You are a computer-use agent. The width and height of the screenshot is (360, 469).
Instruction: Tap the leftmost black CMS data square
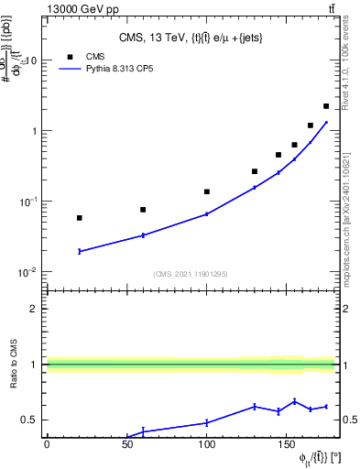[x=80, y=218]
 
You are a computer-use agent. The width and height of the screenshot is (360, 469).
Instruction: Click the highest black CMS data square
[x=326, y=106]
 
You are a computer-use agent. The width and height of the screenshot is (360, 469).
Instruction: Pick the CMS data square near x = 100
[x=207, y=192]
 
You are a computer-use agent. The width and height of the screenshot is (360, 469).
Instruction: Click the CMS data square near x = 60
[x=143, y=210]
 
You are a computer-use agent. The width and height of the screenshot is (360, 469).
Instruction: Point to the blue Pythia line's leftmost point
[x=80, y=251]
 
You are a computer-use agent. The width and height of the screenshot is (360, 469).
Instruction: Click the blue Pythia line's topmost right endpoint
[x=326, y=122]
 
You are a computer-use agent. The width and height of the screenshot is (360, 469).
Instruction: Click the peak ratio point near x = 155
[x=294, y=401]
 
